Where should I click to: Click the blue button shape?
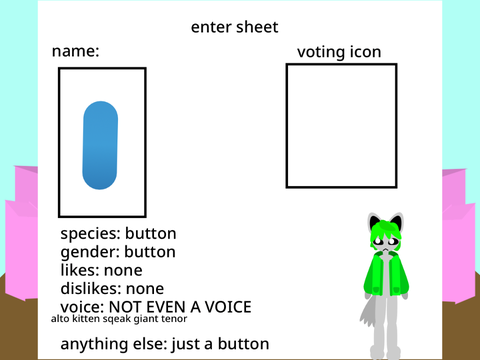tap(100, 145)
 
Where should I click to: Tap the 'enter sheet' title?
tap(234, 27)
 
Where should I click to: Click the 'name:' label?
tap(76, 51)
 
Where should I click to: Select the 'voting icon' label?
tap(339, 52)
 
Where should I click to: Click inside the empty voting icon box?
tap(341, 126)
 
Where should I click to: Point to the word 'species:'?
tap(90, 234)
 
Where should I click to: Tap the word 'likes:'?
tap(80, 270)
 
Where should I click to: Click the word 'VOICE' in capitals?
tap(228, 307)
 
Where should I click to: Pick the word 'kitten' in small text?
tap(86, 319)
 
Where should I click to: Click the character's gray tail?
tap(368, 313)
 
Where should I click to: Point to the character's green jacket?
tap(386, 274)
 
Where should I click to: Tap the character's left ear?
tap(376, 222)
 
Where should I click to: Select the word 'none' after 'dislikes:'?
tap(145, 289)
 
